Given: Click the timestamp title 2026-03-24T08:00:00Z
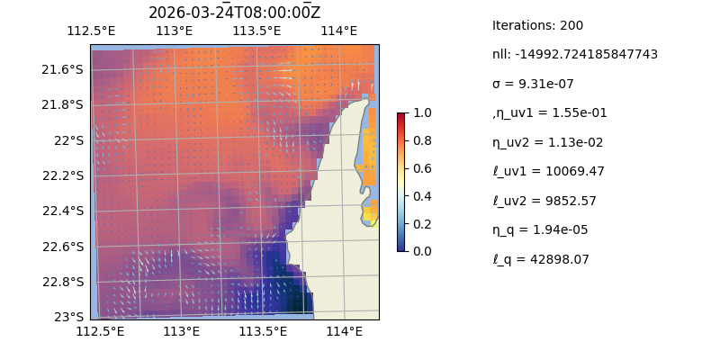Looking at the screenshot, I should [234, 13].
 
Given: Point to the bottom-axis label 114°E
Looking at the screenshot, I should [344, 332].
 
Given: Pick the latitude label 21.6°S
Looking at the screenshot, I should [62, 69].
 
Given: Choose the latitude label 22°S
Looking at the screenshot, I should [68, 140].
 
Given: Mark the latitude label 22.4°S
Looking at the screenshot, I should [62, 211].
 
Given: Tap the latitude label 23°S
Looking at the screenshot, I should [68, 317].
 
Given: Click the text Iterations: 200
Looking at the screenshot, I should [537, 25].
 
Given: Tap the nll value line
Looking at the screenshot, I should [574, 54].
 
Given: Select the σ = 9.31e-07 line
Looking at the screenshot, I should [533, 84].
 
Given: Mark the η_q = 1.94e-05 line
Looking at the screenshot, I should [540, 229].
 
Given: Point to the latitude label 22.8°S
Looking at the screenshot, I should [62, 282].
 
